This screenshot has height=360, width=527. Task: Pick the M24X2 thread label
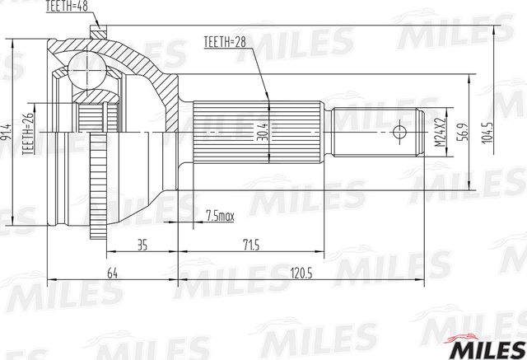440,132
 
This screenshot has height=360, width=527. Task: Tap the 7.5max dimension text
218,217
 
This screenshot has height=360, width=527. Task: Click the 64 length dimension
112,274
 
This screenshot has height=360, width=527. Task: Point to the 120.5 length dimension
301,274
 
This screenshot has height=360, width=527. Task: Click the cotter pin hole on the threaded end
401,132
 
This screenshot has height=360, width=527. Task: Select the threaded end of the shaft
379,132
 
